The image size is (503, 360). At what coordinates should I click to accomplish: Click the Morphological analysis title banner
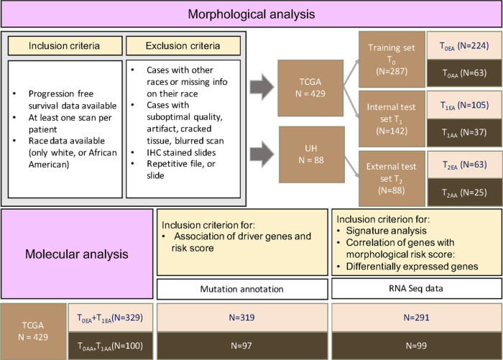pyautogui.click(x=251, y=14)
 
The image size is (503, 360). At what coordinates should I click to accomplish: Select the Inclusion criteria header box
pyautogui.click(x=64, y=45)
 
